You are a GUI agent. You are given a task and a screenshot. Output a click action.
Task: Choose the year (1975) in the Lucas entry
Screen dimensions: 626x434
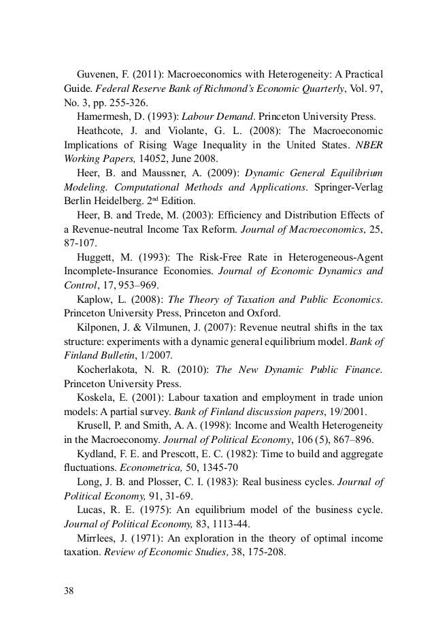coord(152,521)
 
